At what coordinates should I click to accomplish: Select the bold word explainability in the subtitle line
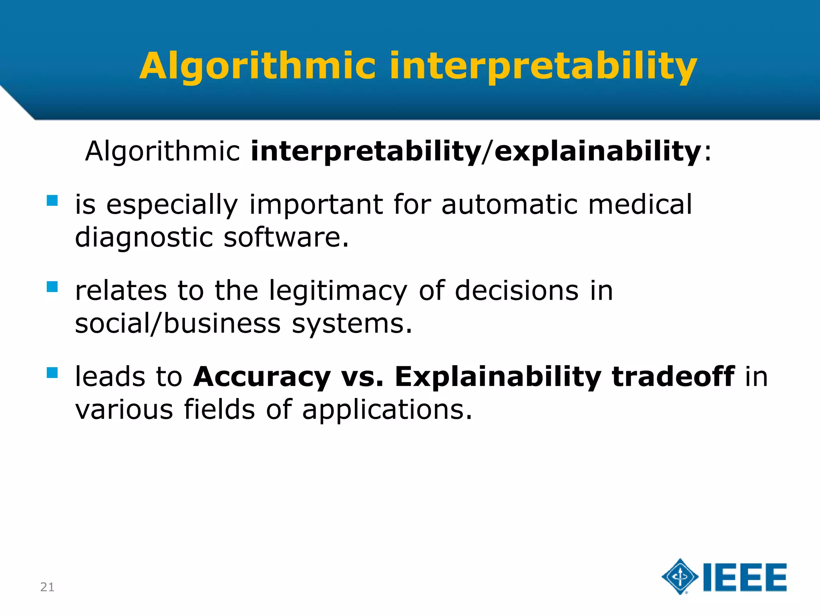coord(597,151)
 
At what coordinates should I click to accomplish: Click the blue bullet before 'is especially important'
coord(52,200)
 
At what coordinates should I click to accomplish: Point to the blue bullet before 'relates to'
coord(52,287)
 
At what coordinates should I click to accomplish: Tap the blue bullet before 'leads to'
coord(52,373)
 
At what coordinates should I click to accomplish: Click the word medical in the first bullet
coord(639,204)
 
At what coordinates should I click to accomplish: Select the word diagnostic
coord(144,237)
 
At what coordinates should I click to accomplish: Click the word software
coord(286,237)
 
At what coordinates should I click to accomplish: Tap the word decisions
coord(517,291)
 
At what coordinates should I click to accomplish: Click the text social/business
coord(178,324)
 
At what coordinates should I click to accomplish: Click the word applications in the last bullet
coord(387,410)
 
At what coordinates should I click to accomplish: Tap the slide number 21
coord(47,587)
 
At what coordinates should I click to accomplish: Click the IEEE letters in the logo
coord(745,577)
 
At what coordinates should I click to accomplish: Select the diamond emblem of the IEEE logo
coord(680,577)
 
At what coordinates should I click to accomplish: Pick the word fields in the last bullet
coord(219,410)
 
